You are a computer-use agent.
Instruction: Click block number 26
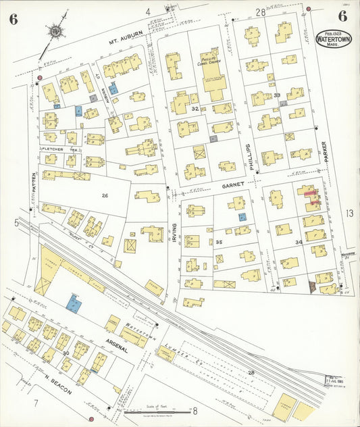tap(105, 196)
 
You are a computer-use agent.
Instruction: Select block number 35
tap(219, 241)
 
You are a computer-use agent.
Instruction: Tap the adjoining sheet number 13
tap(349, 214)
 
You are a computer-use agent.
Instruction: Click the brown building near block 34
tap(312, 286)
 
